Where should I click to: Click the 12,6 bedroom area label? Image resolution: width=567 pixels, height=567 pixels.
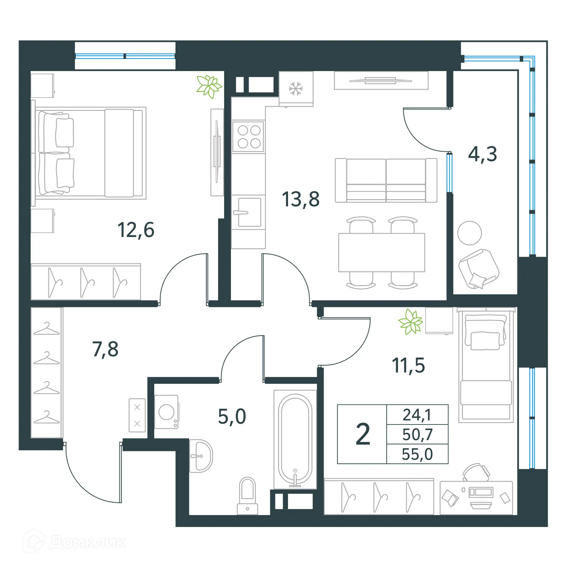coord(136,230)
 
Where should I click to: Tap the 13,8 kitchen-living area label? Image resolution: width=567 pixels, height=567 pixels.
coord(301,199)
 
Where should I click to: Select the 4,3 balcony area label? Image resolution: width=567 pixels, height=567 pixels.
coord(482,154)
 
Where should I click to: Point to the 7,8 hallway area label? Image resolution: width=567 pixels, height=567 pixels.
coord(105,349)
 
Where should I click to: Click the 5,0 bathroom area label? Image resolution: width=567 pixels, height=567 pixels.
coord(232,417)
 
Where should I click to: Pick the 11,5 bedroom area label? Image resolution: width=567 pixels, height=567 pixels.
coord(408,366)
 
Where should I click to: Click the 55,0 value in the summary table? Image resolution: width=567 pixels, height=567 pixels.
coord(417,454)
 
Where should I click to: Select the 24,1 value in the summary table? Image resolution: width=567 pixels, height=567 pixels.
coord(417,415)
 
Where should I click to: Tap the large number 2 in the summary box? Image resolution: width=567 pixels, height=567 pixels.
coord(363,434)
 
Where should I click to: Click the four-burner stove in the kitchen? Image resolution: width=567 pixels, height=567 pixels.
coord(248,137)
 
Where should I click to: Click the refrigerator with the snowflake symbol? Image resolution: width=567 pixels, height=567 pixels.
coord(296,89)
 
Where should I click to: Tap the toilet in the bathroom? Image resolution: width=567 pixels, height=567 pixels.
coord(248,495)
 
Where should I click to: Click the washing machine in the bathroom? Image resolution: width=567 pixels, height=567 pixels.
coord(167,412)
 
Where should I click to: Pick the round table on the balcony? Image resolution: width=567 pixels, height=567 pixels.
coord(469,233)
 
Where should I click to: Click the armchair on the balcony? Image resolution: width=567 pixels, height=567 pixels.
coord(479,269)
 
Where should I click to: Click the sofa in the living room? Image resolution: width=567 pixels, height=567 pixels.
coord(386,180)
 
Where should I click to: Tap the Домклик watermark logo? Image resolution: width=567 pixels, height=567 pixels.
coord(74,542)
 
